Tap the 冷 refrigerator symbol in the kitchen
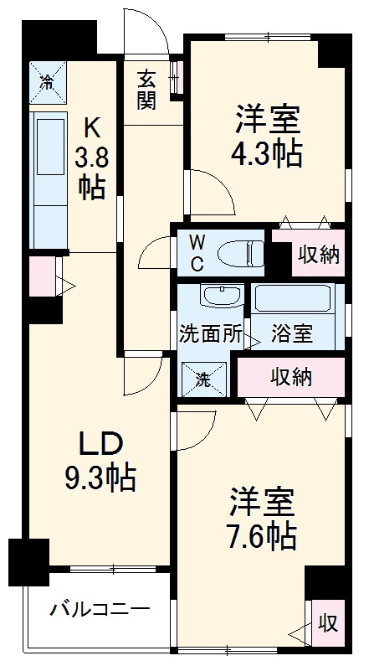pyautogui.click(x=48, y=81)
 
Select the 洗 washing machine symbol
pyautogui.click(x=204, y=377)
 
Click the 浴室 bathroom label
pyautogui.click(x=292, y=333)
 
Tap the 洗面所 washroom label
pyautogui.click(x=210, y=333)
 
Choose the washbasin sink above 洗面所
pyautogui.click(x=222, y=297)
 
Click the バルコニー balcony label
pyautogui.click(x=99, y=609)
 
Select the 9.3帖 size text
pyautogui.click(x=100, y=478)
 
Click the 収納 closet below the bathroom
pyautogui.click(x=290, y=376)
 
